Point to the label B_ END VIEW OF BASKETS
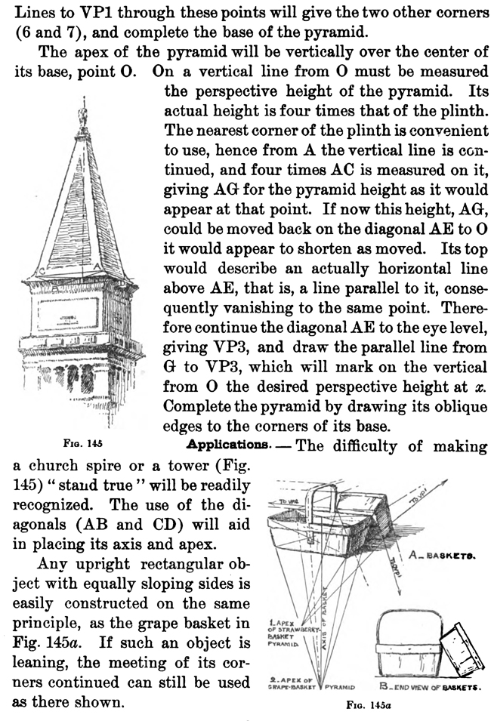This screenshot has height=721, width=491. coord(431,689)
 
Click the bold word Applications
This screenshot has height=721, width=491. coord(240,445)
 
